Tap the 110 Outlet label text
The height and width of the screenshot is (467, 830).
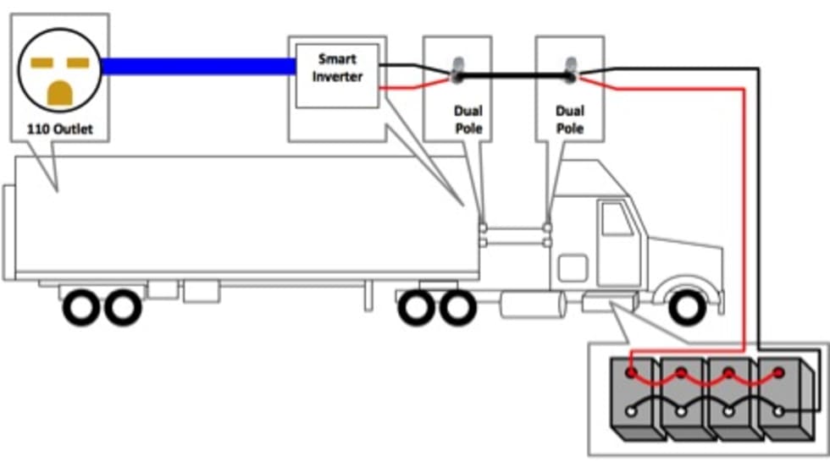[58, 130]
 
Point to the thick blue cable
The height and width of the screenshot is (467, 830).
[199, 65]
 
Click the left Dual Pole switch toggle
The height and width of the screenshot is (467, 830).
[456, 70]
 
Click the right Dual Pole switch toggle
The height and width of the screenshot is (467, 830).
[571, 70]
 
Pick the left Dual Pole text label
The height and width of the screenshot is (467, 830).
[468, 119]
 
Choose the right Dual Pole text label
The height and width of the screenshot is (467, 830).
[569, 119]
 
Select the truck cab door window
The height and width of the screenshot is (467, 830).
[616, 220]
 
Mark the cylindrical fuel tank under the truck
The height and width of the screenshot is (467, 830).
[532, 305]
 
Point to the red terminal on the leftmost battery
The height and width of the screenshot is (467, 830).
[631, 371]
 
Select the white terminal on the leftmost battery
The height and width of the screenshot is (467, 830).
[631, 412]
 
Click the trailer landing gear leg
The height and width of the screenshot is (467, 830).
[368, 296]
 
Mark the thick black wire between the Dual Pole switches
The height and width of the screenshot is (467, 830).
[513, 76]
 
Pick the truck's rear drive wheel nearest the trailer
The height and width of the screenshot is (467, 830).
[416, 308]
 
